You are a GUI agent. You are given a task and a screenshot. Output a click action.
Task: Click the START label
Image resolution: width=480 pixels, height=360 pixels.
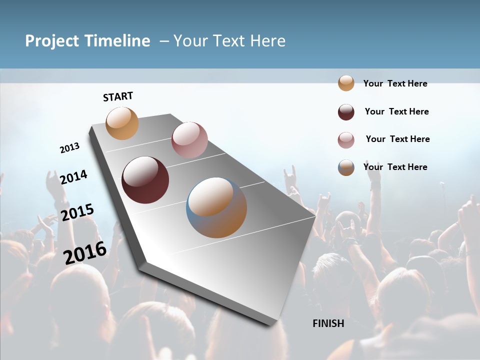tap(118, 96)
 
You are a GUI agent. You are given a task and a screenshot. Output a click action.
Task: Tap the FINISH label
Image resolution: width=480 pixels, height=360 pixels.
tap(328, 323)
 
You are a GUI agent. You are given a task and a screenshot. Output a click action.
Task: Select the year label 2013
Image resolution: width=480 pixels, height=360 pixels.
tap(69, 148)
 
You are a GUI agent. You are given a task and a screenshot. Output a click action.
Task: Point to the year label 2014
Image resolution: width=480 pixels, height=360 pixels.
tap(73, 177)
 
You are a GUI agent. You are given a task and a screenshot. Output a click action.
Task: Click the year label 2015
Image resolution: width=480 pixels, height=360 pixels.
tap(77, 212)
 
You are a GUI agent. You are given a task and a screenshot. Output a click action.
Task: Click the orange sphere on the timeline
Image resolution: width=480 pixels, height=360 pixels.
tap(122, 123)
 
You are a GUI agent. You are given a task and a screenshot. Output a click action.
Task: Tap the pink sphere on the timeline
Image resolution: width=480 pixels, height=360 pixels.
tap(189, 140)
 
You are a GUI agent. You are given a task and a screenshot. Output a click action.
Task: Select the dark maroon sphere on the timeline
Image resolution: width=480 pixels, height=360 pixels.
tap(145, 180)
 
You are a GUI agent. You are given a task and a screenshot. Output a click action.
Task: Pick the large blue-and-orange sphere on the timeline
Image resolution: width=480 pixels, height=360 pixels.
tap(216, 207)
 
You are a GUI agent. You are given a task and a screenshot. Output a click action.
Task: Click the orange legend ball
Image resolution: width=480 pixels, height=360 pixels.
tap(346, 83)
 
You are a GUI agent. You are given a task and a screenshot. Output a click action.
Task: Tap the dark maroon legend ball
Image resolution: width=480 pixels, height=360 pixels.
tap(346, 112)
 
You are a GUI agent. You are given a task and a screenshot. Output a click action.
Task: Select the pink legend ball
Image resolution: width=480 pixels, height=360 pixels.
tap(346, 140)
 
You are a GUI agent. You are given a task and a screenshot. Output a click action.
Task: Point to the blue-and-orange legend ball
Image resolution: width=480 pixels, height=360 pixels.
tap(346, 167)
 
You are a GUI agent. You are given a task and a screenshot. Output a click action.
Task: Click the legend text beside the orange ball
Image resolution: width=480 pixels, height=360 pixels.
tap(395, 83)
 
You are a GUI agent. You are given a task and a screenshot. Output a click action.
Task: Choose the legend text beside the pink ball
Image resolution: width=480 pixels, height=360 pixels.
tap(397, 139)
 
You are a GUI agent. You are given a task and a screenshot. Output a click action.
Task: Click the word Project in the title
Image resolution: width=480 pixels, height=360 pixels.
tap(52, 41)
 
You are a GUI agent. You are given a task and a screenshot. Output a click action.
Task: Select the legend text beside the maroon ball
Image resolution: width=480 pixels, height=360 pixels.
tap(396, 111)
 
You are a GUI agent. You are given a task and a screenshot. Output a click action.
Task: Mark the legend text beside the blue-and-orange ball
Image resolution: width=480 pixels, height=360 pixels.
tap(395, 167)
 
